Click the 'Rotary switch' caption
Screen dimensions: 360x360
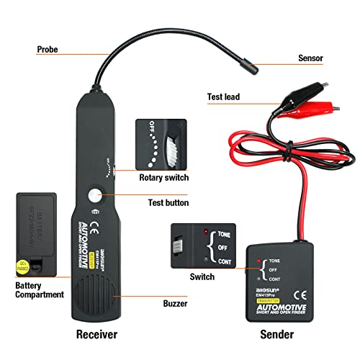(164, 178)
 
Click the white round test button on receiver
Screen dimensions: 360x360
(95, 194)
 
